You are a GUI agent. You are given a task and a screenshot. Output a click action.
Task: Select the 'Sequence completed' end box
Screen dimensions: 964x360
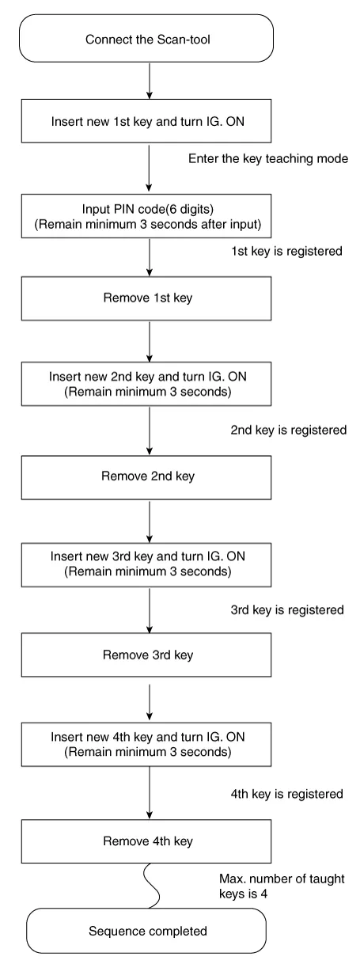click(150, 932)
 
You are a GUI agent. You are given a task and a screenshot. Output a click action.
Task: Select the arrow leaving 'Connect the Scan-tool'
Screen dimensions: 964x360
click(150, 80)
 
